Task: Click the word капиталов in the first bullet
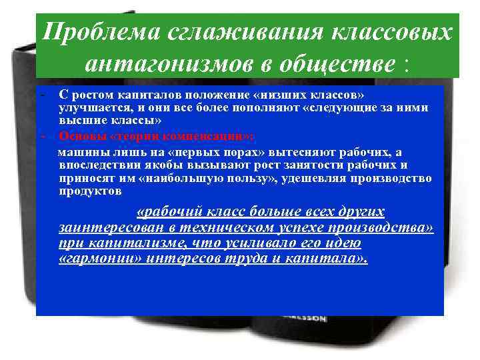coord(127,96)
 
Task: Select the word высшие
coord(78,120)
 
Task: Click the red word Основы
coord(78,133)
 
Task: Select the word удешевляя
coord(328,179)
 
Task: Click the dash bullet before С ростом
coord(41,96)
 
